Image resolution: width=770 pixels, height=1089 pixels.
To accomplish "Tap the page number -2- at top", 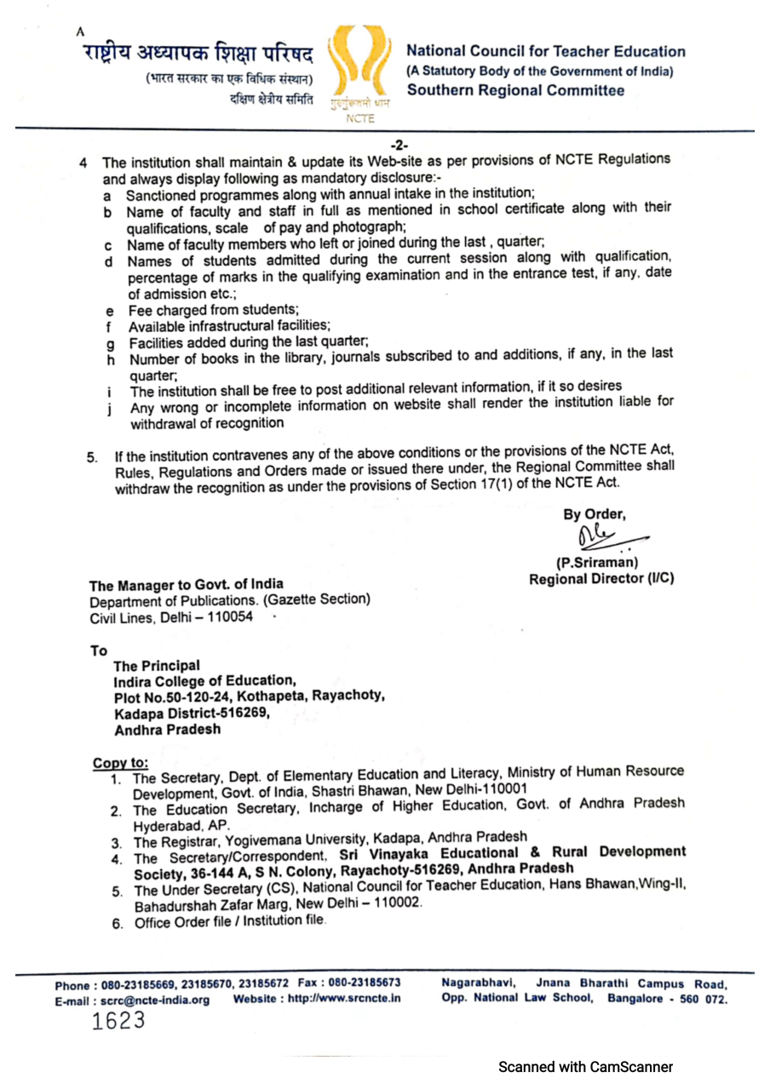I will tap(399, 145).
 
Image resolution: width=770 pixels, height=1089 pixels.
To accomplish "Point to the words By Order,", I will tap(594, 514).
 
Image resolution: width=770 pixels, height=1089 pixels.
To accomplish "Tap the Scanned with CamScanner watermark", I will tap(586, 1066).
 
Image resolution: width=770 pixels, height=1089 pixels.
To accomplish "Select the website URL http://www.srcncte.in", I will tap(342, 999).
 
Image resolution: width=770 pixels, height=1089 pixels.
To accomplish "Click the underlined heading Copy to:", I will tap(120, 763).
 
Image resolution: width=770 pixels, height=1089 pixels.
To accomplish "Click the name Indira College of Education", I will tap(204, 680).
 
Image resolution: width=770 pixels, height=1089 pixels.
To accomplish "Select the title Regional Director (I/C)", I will tap(601, 579).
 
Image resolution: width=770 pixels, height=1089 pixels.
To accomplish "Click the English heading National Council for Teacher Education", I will tap(547, 52).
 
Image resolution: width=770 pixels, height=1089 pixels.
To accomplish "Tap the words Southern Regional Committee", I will tap(516, 90).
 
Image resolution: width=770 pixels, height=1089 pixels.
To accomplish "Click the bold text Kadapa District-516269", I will tap(192, 713).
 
